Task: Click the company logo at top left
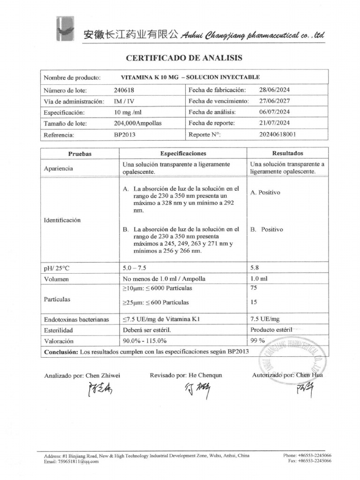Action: pyautogui.click(x=66, y=31)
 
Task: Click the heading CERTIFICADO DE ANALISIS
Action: pyautogui.click(x=184, y=58)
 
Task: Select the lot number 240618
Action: pyautogui.click(x=123, y=90)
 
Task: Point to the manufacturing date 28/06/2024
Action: pyautogui.click(x=274, y=90)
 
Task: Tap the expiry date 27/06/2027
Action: pyautogui.click(x=274, y=101)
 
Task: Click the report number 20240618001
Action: pyautogui.click(x=277, y=135)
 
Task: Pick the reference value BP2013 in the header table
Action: pyautogui.click(x=124, y=135)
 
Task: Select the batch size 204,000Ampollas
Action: pyautogui.click(x=138, y=123)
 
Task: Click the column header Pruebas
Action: pyautogui.click(x=80, y=154)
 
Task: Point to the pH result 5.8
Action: pyautogui.click(x=255, y=268)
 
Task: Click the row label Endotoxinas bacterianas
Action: pyautogui.click(x=76, y=319)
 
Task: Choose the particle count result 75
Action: pyautogui.click(x=254, y=288)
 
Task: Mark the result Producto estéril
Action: pyautogui.click(x=271, y=330)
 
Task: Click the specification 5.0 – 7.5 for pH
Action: pyautogui.click(x=135, y=268)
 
